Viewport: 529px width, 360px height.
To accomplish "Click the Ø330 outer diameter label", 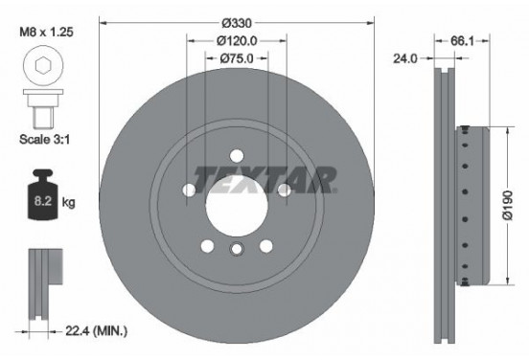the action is [x=237, y=23].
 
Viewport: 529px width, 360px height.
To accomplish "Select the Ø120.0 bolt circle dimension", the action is [x=237, y=41].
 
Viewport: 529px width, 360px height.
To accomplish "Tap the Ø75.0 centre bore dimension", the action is [x=237, y=58].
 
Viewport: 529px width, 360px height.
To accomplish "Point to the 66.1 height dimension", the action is [x=462, y=41].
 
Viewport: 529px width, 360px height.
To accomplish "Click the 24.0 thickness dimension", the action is [x=404, y=58].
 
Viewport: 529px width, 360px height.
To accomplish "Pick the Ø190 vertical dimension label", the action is [x=507, y=205].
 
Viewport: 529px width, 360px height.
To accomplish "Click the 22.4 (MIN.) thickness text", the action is [x=96, y=331].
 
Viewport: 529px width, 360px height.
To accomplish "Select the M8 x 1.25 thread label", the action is [x=46, y=32].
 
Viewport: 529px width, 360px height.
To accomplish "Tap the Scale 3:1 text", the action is [x=45, y=139].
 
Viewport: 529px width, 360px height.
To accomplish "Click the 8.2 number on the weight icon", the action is [x=43, y=201].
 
